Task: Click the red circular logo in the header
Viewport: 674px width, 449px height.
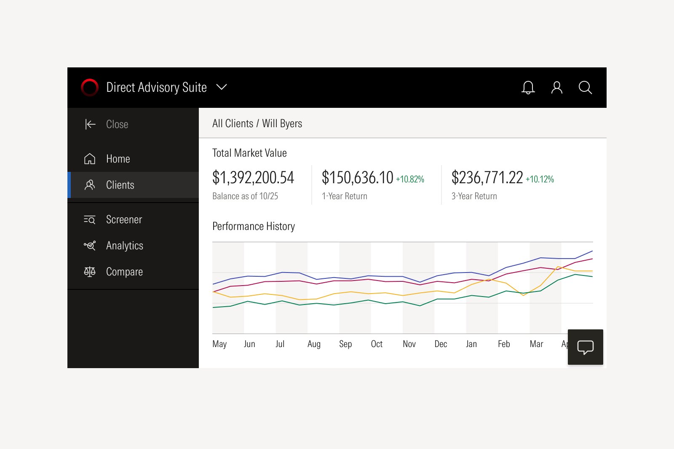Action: pos(90,88)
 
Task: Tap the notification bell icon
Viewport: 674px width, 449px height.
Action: pos(528,88)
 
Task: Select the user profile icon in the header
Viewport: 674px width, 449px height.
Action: pos(556,88)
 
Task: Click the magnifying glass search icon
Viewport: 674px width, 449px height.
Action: pos(585,88)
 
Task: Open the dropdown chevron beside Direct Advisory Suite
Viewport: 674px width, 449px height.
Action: pos(222,87)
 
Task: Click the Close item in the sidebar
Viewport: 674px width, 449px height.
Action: pos(117,124)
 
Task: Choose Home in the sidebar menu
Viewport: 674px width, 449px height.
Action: pos(118,159)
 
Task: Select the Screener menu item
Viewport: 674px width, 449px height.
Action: pos(124,219)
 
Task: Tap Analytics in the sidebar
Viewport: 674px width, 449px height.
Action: pos(124,246)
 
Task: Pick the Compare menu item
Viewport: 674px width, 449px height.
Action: pos(124,272)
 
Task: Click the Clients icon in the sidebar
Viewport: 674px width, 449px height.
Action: pos(90,185)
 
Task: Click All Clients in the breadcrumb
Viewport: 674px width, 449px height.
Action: pos(233,123)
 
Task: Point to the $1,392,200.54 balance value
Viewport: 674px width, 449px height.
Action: pos(253,178)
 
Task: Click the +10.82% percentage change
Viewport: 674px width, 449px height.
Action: pos(410,179)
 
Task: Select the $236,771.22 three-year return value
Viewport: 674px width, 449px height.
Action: pos(487,178)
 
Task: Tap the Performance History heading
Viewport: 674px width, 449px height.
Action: pos(254,226)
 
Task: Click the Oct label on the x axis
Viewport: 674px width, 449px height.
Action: pos(377,344)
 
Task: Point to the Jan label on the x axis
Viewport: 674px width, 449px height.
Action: pos(471,344)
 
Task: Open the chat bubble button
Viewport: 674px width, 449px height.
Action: pos(585,347)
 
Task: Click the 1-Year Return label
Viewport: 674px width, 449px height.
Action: pos(345,196)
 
